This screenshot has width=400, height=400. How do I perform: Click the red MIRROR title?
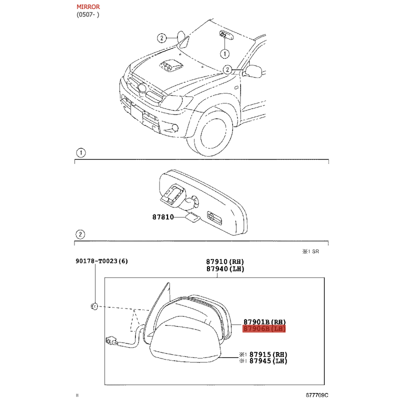(88, 7)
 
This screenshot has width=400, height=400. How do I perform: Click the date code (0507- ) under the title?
(88, 14)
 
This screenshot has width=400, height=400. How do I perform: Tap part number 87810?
(163, 217)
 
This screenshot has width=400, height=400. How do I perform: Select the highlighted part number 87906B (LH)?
(264, 329)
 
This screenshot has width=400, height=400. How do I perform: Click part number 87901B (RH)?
(264, 322)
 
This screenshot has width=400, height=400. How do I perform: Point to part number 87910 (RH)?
(225, 261)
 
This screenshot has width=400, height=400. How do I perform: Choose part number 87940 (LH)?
(225, 269)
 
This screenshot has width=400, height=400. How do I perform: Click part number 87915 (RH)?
(268, 354)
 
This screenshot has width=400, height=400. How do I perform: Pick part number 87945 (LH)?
(268, 361)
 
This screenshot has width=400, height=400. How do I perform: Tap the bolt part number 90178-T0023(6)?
(102, 261)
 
